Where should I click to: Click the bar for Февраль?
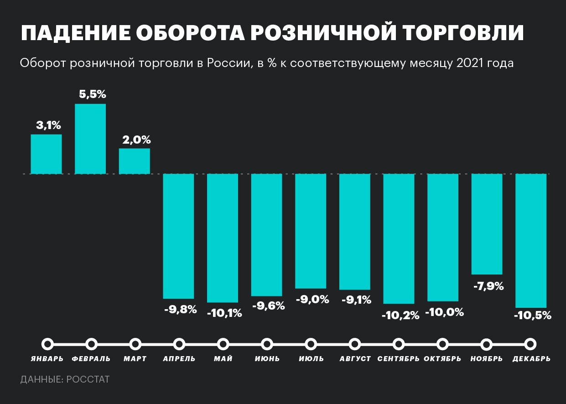[x=90, y=139]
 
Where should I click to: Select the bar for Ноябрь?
[x=487, y=224]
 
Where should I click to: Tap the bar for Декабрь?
[x=531, y=241]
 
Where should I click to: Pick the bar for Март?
[x=135, y=161]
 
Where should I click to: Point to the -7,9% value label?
[x=488, y=286]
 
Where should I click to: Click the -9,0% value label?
[x=312, y=300]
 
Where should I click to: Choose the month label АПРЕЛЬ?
[x=179, y=359]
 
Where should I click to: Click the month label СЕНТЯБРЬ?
[x=399, y=359]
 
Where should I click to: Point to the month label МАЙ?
[x=223, y=359]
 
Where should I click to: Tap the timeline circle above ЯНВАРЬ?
[x=47, y=344]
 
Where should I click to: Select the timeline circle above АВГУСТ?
[x=355, y=344]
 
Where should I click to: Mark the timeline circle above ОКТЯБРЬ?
[x=442, y=344]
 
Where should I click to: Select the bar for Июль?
[x=311, y=231]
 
